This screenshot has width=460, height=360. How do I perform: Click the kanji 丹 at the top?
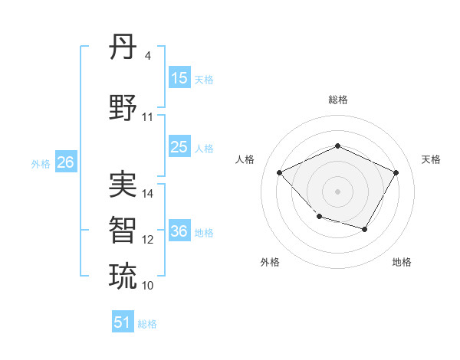click(123, 48)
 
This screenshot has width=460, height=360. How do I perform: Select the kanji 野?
click(123, 108)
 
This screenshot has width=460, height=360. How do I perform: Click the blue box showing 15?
click(179, 78)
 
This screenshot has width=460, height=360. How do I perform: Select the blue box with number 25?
click(179, 147)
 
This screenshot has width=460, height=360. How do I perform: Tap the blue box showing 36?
click(179, 231)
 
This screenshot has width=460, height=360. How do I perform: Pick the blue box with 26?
click(65, 162)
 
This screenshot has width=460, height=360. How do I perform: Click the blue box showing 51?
click(123, 322)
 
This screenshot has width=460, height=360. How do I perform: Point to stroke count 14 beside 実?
click(148, 194)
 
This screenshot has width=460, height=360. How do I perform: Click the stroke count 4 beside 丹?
click(148, 56)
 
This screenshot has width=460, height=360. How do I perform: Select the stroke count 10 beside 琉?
click(148, 285)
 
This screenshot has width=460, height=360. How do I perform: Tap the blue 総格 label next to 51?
click(147, 324)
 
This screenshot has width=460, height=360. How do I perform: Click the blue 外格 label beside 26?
click(41, 164)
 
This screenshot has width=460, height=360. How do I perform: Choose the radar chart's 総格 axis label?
click(337, 100)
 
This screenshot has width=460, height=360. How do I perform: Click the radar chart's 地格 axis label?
click(402, 262)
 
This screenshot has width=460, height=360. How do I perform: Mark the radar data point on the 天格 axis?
click(396, 172)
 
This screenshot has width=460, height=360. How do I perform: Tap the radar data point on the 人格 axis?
click(280, 172)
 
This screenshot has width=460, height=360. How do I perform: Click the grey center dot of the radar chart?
click(337, 191)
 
